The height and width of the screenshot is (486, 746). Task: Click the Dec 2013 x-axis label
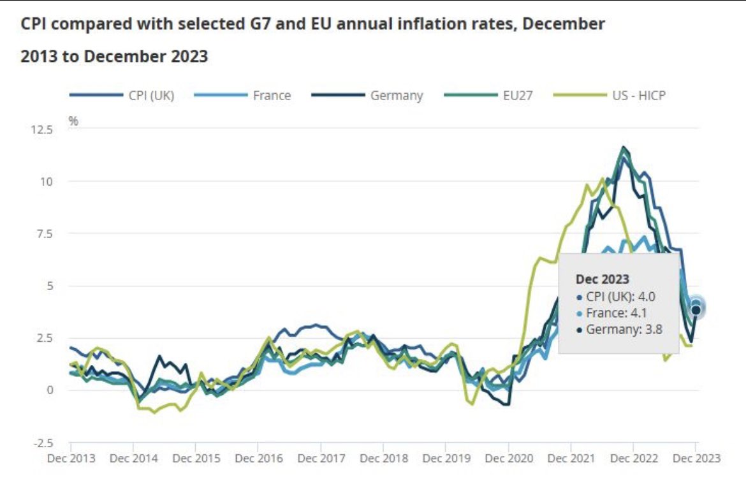71,459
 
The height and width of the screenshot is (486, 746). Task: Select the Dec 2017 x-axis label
321,459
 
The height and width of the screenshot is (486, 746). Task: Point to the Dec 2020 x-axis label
508,459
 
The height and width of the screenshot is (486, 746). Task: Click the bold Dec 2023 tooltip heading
602,279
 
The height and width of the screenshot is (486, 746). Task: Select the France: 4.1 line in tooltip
615,313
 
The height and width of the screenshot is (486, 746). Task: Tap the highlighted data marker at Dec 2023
696,309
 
